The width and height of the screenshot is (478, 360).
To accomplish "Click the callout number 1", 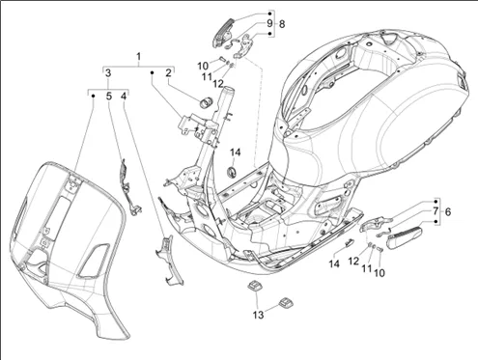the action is tap(138, 57).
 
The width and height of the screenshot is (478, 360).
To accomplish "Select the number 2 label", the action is tap(168, 73).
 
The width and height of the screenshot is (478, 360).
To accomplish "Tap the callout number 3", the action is tap(108, 72).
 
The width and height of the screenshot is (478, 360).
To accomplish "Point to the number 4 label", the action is tap(125, 96).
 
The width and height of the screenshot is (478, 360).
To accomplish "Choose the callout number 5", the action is tap(109, 96).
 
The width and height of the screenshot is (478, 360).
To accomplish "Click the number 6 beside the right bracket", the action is tap(448, 211).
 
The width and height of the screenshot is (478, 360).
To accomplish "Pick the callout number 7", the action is tap(436, 211).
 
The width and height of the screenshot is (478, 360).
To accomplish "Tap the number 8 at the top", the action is tap(282, 24).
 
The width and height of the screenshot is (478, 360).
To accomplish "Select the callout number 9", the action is tap(269, 23).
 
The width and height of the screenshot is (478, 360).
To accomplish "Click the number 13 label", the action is tap(258, 315).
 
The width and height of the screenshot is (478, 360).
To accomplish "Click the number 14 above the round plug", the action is tap(236, 152).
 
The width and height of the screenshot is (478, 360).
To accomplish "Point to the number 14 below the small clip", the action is tap(334, 263).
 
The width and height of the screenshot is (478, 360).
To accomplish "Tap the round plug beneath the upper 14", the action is tap(232, 172).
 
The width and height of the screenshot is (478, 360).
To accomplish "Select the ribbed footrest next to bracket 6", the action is tap(405, 237).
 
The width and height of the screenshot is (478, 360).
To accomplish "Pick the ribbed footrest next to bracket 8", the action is tap(223, 34).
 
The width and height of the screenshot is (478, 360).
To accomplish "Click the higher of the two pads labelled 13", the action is tap(254, 286).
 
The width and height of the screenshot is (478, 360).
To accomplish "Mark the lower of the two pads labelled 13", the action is tap(285, 302).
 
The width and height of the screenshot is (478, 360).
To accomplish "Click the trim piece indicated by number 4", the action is tap(169, 260).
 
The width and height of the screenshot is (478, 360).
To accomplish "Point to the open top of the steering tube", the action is tap(227, 89).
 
